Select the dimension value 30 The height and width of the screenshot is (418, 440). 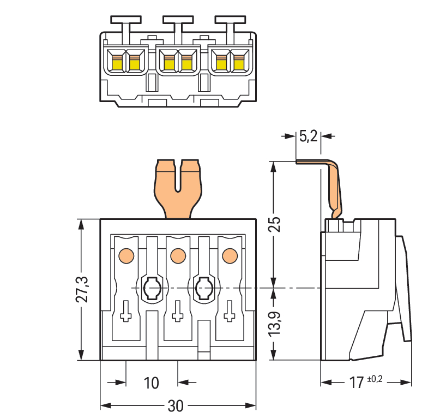[176, 407]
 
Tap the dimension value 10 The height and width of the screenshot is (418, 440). [152, 383]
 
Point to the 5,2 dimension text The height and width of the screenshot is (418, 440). [308, 136]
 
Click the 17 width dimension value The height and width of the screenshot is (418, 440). [357, 383]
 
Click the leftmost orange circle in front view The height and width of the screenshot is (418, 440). [125, 254]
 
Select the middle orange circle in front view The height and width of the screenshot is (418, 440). [177, 254]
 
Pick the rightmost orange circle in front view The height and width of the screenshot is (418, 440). [229, 254]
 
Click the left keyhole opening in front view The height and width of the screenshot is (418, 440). [151, 287]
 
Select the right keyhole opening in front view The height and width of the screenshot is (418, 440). [203, 287]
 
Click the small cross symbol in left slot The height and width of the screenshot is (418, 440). [126, 313]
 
